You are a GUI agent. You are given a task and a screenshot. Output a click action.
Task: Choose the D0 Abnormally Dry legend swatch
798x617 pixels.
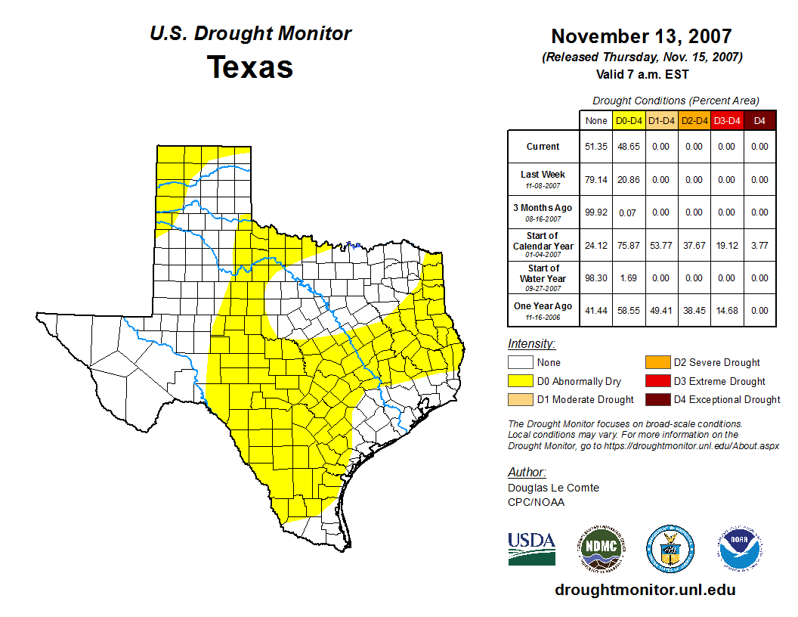520,381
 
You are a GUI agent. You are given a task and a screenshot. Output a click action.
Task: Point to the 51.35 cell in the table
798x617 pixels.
596,147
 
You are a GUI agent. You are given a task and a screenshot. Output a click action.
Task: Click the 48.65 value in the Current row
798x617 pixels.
628,147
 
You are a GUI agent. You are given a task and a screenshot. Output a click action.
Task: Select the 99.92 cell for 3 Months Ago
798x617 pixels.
596,212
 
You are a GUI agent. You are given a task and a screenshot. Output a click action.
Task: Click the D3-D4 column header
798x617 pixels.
727,120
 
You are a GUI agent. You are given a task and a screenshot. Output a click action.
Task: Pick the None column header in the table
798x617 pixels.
596,120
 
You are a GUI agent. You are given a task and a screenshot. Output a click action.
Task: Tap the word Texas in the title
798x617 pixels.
250,67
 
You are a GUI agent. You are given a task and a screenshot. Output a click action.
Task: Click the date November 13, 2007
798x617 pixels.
641,36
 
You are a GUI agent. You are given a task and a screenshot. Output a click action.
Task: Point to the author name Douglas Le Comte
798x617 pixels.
553,488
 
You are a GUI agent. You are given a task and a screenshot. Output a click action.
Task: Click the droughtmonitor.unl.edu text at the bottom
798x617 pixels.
645,590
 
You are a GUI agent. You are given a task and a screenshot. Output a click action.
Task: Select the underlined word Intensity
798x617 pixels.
531,344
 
